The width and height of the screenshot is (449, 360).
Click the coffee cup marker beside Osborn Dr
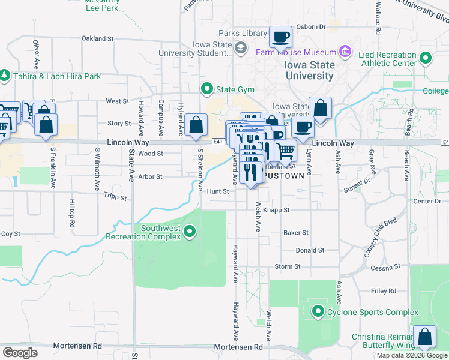(x=280, y=37)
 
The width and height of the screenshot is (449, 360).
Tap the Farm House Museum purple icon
(x=345, y=52)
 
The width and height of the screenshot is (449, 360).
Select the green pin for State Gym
(x=208, y=89)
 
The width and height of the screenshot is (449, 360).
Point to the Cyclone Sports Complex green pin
(x=318, y=311)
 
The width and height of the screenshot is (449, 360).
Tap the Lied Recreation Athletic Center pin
(x=426, y=58)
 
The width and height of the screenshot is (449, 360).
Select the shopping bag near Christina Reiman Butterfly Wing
(x=425, y=337)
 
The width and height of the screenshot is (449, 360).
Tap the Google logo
(x=20, y=353)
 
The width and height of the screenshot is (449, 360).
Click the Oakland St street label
(x=97, y=38)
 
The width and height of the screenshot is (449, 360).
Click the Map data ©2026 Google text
(x=411, y=355)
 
